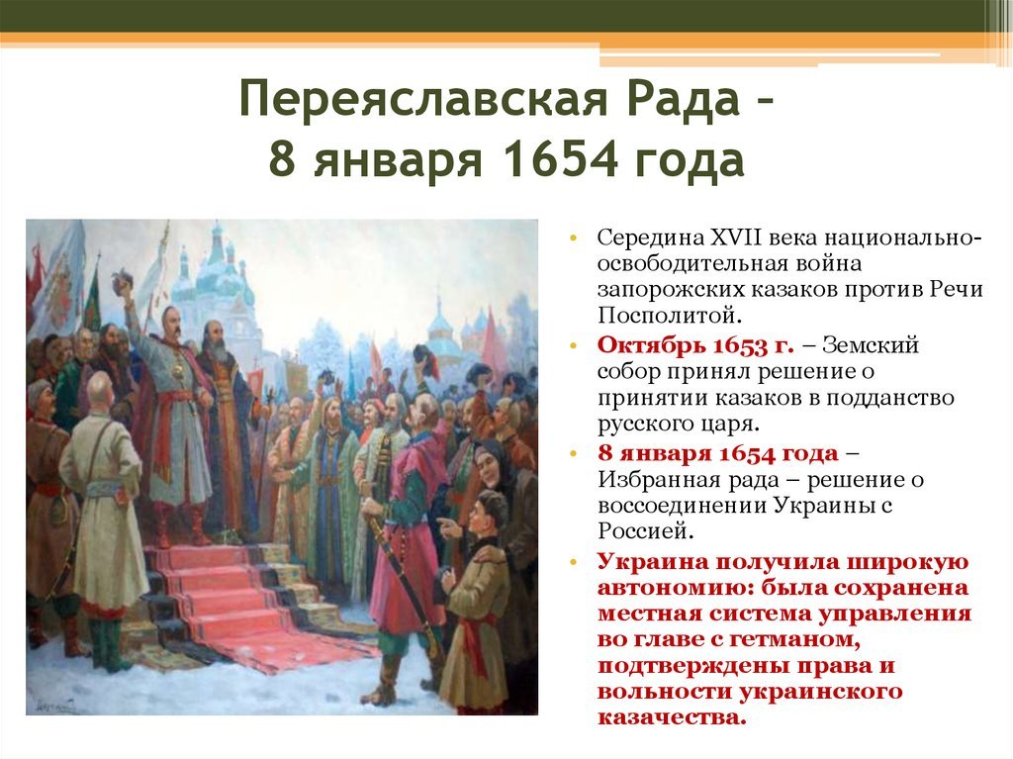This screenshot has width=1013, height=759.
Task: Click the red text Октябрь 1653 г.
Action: tap(695, 345)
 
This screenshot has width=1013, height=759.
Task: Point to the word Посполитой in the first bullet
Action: tap(668, 315)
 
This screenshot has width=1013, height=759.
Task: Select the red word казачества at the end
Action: tap(672, 717)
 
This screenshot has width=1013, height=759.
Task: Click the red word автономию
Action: tap(675, 588)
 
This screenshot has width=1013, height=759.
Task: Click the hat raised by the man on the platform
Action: tap(122, 280)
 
